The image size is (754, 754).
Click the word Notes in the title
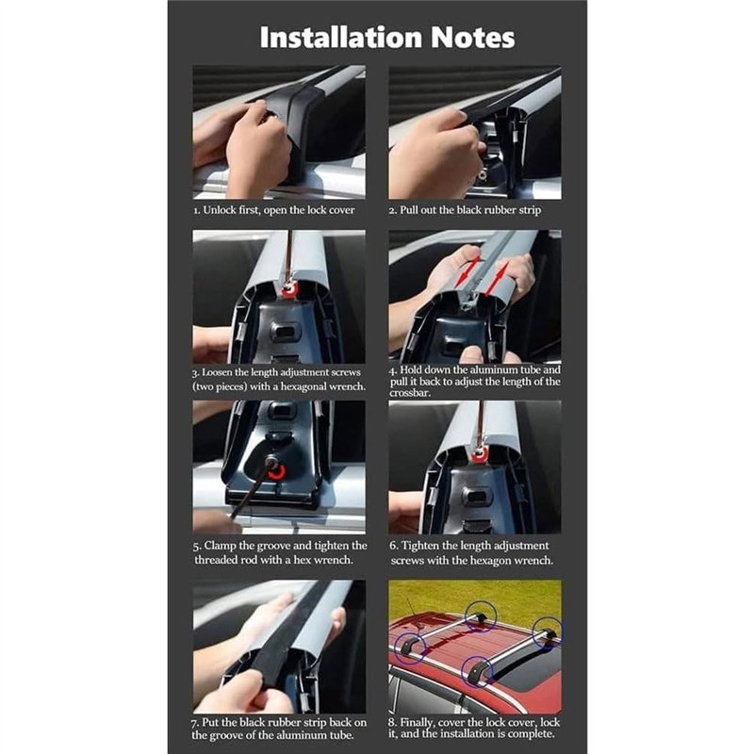(x=473, y=38)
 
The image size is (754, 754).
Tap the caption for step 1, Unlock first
(x=274, y=210)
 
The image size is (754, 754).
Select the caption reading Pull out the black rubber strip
(x=465, y=210)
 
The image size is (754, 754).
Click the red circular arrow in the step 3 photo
(x=290, y=289)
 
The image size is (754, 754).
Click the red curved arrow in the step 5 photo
(x=277, y=472)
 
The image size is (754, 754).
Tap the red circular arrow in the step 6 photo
(x=479, y=455)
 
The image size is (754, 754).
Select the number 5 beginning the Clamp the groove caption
(x=197, y=547)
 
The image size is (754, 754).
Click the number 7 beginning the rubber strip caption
(x=194, y=723)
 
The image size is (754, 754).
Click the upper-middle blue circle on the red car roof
(x=481, y=615)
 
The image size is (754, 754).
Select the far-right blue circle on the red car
(x=548, y=632)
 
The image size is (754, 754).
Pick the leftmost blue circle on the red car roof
(x=410, y=649)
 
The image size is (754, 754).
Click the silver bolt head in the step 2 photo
(x=483, y=169)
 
